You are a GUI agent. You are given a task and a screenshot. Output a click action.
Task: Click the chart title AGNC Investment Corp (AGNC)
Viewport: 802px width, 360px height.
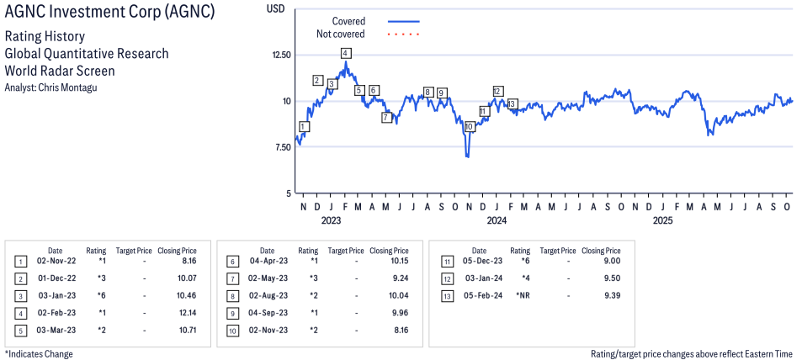[109, 13]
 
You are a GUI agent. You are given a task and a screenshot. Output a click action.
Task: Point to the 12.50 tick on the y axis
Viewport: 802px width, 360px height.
[279, 55]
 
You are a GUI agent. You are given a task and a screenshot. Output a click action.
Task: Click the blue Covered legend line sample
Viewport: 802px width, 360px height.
[403, 21]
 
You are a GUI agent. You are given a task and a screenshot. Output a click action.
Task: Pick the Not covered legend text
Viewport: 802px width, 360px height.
[340, 34]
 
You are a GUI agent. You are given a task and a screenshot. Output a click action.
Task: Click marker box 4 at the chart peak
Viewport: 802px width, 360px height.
[346, 53]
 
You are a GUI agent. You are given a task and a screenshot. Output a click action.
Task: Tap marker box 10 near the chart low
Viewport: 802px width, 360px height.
[469, 126]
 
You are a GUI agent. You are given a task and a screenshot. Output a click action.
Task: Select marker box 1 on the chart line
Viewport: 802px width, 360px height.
[304, 127]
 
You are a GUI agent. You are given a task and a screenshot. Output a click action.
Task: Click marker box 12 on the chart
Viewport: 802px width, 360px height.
[497, 91]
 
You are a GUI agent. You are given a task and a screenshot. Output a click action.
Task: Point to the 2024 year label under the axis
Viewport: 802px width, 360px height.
[497, 220]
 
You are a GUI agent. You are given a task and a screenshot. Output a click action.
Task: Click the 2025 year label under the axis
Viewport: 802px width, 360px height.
[663, 220]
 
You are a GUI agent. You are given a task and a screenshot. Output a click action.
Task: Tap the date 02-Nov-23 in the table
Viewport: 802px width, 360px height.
[267, 329]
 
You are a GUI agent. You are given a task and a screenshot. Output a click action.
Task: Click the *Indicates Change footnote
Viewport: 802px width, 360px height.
[39, 354]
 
